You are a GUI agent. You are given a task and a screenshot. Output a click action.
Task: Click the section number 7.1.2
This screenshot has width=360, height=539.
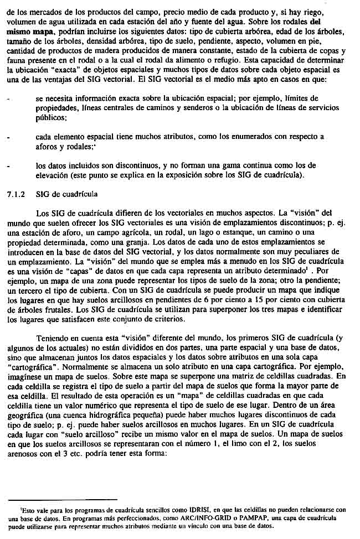(16, 194)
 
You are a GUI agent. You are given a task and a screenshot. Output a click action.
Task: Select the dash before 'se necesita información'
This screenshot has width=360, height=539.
(8, 98)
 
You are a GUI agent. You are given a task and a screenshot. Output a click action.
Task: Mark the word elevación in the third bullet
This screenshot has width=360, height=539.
(54, 175)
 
